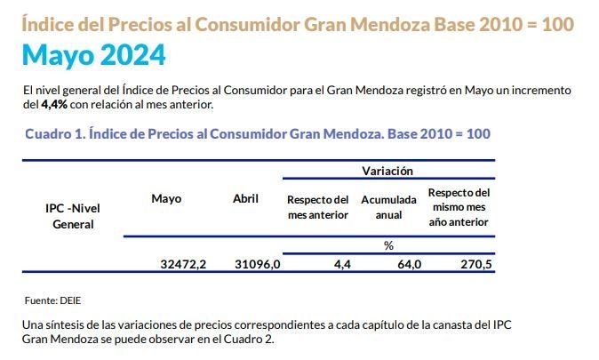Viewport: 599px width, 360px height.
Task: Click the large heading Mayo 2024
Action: [93, 56]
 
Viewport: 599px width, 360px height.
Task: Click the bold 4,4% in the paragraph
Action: [53, 105]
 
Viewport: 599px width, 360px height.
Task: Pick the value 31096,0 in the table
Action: [257, 264]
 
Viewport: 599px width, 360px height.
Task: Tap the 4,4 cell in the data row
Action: [342, 264]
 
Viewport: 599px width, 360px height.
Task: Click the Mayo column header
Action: [166, 198]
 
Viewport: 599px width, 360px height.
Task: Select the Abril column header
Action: [245, 198]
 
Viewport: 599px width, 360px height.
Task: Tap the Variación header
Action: [388, 170]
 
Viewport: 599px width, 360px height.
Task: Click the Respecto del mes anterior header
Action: [317, 206]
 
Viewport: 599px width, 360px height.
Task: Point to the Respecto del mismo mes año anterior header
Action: [458, 206]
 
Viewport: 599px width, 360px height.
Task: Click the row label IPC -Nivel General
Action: [73, 216]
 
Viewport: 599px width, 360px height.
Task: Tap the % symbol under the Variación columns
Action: [388, 245]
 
